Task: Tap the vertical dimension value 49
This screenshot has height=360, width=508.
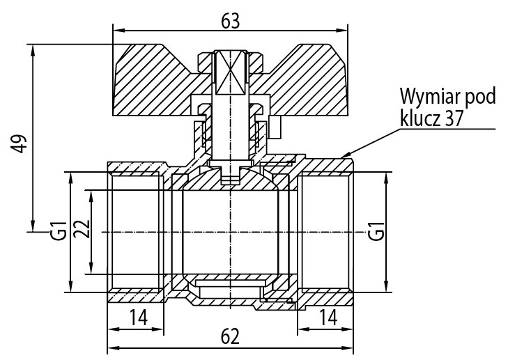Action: (21, 143)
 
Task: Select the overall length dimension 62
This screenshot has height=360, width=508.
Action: (230, 337)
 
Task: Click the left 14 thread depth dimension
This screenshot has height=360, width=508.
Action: (137, 318)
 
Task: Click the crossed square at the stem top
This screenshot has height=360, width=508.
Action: (230, 72)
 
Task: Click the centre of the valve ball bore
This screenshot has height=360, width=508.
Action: (230, 230)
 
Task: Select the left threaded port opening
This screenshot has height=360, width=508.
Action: (137, 230)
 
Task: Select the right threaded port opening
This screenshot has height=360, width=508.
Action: (325, 230)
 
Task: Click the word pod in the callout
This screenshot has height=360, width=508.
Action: (482, 97)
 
